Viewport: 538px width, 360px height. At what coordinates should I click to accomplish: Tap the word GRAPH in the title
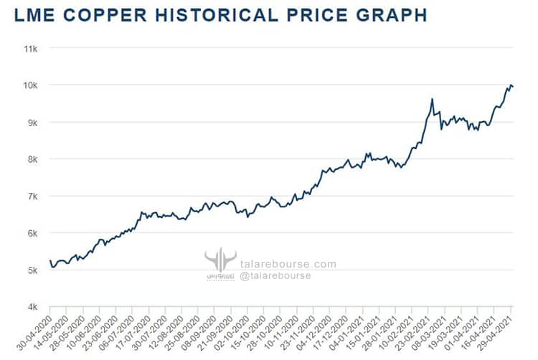388,14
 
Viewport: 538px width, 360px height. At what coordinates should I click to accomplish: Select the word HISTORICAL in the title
242,14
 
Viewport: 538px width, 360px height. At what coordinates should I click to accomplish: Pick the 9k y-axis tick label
32,123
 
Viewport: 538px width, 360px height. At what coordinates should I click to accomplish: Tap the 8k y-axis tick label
32,159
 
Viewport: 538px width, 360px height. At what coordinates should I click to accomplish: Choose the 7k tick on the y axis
32,196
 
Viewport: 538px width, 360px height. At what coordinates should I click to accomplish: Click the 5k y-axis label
32,270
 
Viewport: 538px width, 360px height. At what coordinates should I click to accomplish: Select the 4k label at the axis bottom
32,308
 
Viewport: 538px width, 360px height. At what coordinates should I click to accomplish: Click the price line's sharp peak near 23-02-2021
432,99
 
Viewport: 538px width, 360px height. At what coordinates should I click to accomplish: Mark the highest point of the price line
511,85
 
